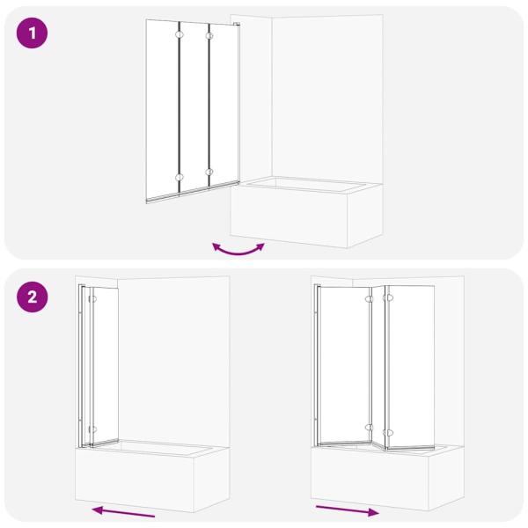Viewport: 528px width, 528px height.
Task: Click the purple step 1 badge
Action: pos(33,35)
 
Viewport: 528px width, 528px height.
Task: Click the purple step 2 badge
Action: pos(33,297)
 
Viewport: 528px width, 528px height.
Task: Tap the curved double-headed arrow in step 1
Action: pos(238,249)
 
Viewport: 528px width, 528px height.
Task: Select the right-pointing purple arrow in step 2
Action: pos(348,510)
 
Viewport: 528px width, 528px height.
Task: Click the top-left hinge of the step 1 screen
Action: pos(180,35)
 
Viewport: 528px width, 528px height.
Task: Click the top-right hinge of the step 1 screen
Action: pos(209,35)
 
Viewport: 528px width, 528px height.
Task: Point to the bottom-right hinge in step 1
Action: pos(209,172)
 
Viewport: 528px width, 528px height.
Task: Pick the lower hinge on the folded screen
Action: pos(92,429)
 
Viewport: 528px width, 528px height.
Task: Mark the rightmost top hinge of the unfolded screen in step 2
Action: pos(390,299)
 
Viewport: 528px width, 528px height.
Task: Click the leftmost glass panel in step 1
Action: pos(163,110)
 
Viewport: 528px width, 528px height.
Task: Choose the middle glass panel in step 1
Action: pos(194,106)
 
